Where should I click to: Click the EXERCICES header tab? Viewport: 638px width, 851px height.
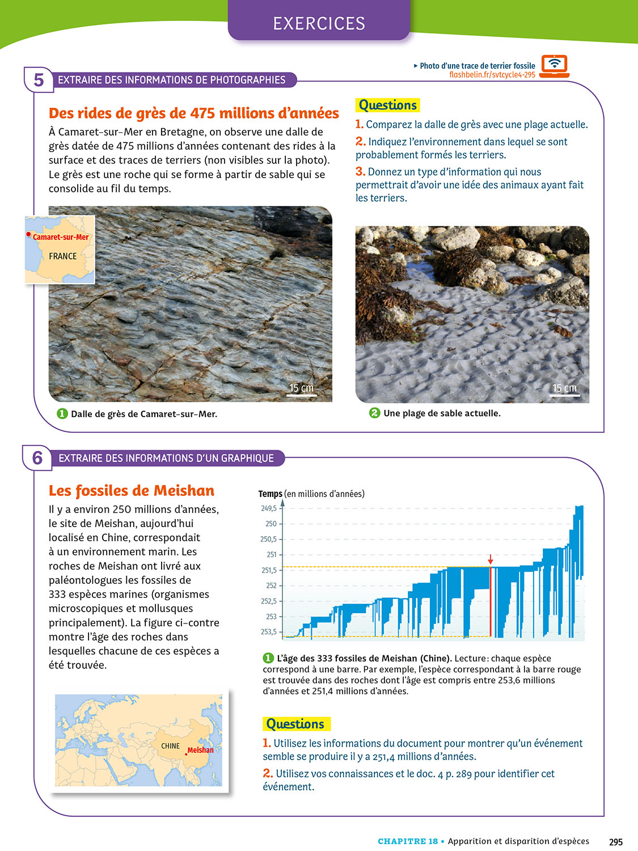click(319, 23)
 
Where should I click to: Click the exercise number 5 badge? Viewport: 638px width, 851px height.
click(39, 80)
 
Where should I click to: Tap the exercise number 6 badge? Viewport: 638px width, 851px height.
click(37, 458)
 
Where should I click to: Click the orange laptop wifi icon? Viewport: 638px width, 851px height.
click(554, 66)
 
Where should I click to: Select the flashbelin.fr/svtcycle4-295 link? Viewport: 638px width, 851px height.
click(492, 75)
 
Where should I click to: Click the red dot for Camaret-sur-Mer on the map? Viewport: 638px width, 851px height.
click(28, 234)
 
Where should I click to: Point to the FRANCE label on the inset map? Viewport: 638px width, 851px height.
click(62, 256)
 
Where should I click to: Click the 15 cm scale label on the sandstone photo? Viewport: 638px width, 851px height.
click(301, 388)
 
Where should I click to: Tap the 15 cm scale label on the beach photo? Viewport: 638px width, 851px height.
click(564, 388)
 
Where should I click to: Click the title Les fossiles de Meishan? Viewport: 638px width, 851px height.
click(132, 491)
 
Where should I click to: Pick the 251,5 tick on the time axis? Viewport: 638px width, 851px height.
click(269, 570)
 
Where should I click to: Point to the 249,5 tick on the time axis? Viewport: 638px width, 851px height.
click(269, 508)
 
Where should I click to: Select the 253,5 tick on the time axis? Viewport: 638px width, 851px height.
click(269, 631)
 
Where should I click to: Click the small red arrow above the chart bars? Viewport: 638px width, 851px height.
click(491, 560)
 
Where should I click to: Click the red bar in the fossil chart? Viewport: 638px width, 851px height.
click(490, 601)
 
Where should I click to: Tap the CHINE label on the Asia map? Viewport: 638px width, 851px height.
click(170, 746)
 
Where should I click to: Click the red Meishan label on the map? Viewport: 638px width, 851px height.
click(201, 750)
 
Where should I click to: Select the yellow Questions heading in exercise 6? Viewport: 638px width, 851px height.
click(295, 724)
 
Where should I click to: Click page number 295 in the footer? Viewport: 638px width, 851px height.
click(615, 842)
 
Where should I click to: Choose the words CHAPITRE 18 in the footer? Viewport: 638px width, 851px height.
click(408, 841)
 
